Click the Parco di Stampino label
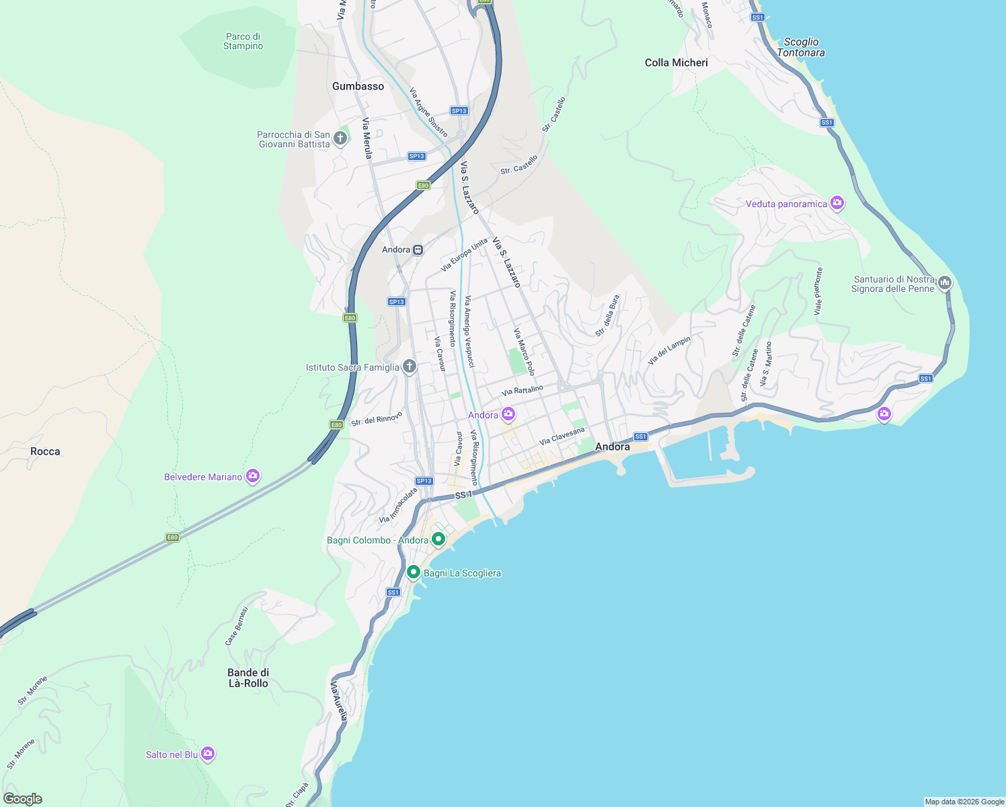pyautogui.click(x=243, y=41)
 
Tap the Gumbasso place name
pyautogui.click(x=358, y=86)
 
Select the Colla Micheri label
pyautogui.click(x=676, y=63)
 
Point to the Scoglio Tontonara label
pyautogui.click(x=800, y=47)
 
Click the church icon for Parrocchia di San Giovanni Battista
pyautogui.click(x=340, y=139)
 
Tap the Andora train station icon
pyautogui.click(x=418, y=249)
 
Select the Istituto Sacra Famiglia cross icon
pyautogui.click(x=409, y=367)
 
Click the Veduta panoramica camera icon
pyautogui.click(x=837, y=203)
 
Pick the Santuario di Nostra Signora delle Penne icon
pyautogui.click(x=945, y=282)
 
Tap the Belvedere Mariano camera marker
pyautogui.click(x=253, y=476)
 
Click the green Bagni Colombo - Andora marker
pyautogui.click(x=438, y=539)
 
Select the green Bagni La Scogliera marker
pyautogui.click(x=414, y=572)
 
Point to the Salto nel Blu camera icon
pyautogui.click(x=208, y=754)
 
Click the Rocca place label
pyautogui.click(x=45, y=451)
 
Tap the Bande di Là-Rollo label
pyautogui.click(x=248, y=678)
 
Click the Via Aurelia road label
pyautogui.click(x=338, y=701)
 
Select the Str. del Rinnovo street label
pyautogui.click(x=377, y=418)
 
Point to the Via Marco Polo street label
pyautogui.click(x=524, y=352)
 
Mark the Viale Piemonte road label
pyautogui.click(x=818, y=291)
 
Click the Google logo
pyautogui.click(x=22, y=799)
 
